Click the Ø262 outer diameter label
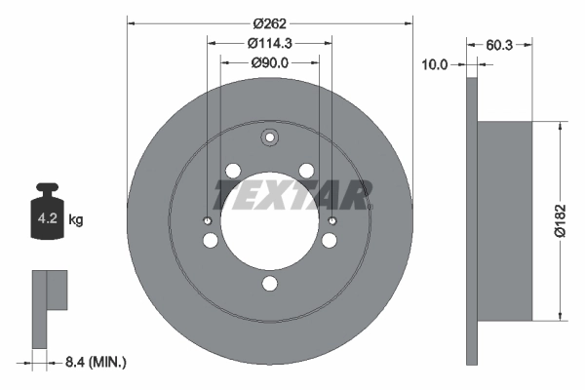click(270, 22)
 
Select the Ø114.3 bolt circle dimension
click(270, 43)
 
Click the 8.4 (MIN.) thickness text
click(94, 362)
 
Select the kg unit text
click(76, 220)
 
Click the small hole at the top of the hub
click(270, 137)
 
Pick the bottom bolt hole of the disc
click(270, 285)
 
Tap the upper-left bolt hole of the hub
click(232, 172)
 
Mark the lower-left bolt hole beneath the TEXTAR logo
click(210, 241)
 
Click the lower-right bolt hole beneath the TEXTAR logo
click(331, 241)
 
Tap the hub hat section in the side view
click(507, 220)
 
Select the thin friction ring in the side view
click(474, 220)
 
